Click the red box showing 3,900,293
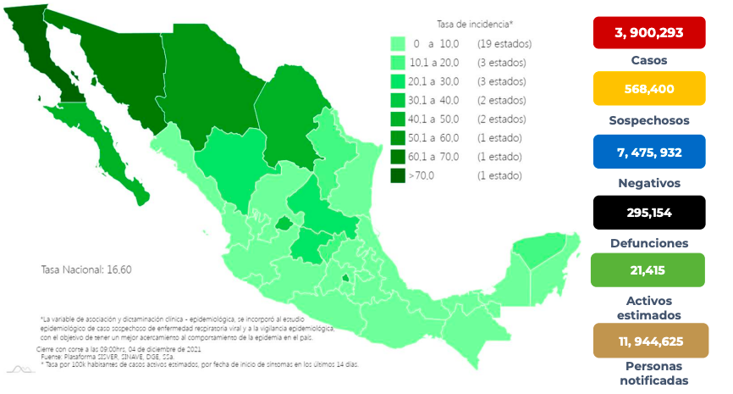click(648, 33)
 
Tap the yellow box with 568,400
click(648, 89)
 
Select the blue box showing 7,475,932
click(648, 152)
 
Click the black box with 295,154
click(648, 213)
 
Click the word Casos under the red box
click(648, 60)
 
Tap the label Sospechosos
click(648, 120)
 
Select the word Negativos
click(648, 182)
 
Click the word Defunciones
click(648, 243)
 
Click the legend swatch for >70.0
click(397, 176)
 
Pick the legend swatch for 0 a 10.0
click(397, 43)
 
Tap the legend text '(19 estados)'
click(504, 43)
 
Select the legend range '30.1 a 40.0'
click(434, 100)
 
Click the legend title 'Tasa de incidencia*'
click(475, 25)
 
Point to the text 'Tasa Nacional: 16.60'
click(86, 269)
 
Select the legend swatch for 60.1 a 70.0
click(397, 157)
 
